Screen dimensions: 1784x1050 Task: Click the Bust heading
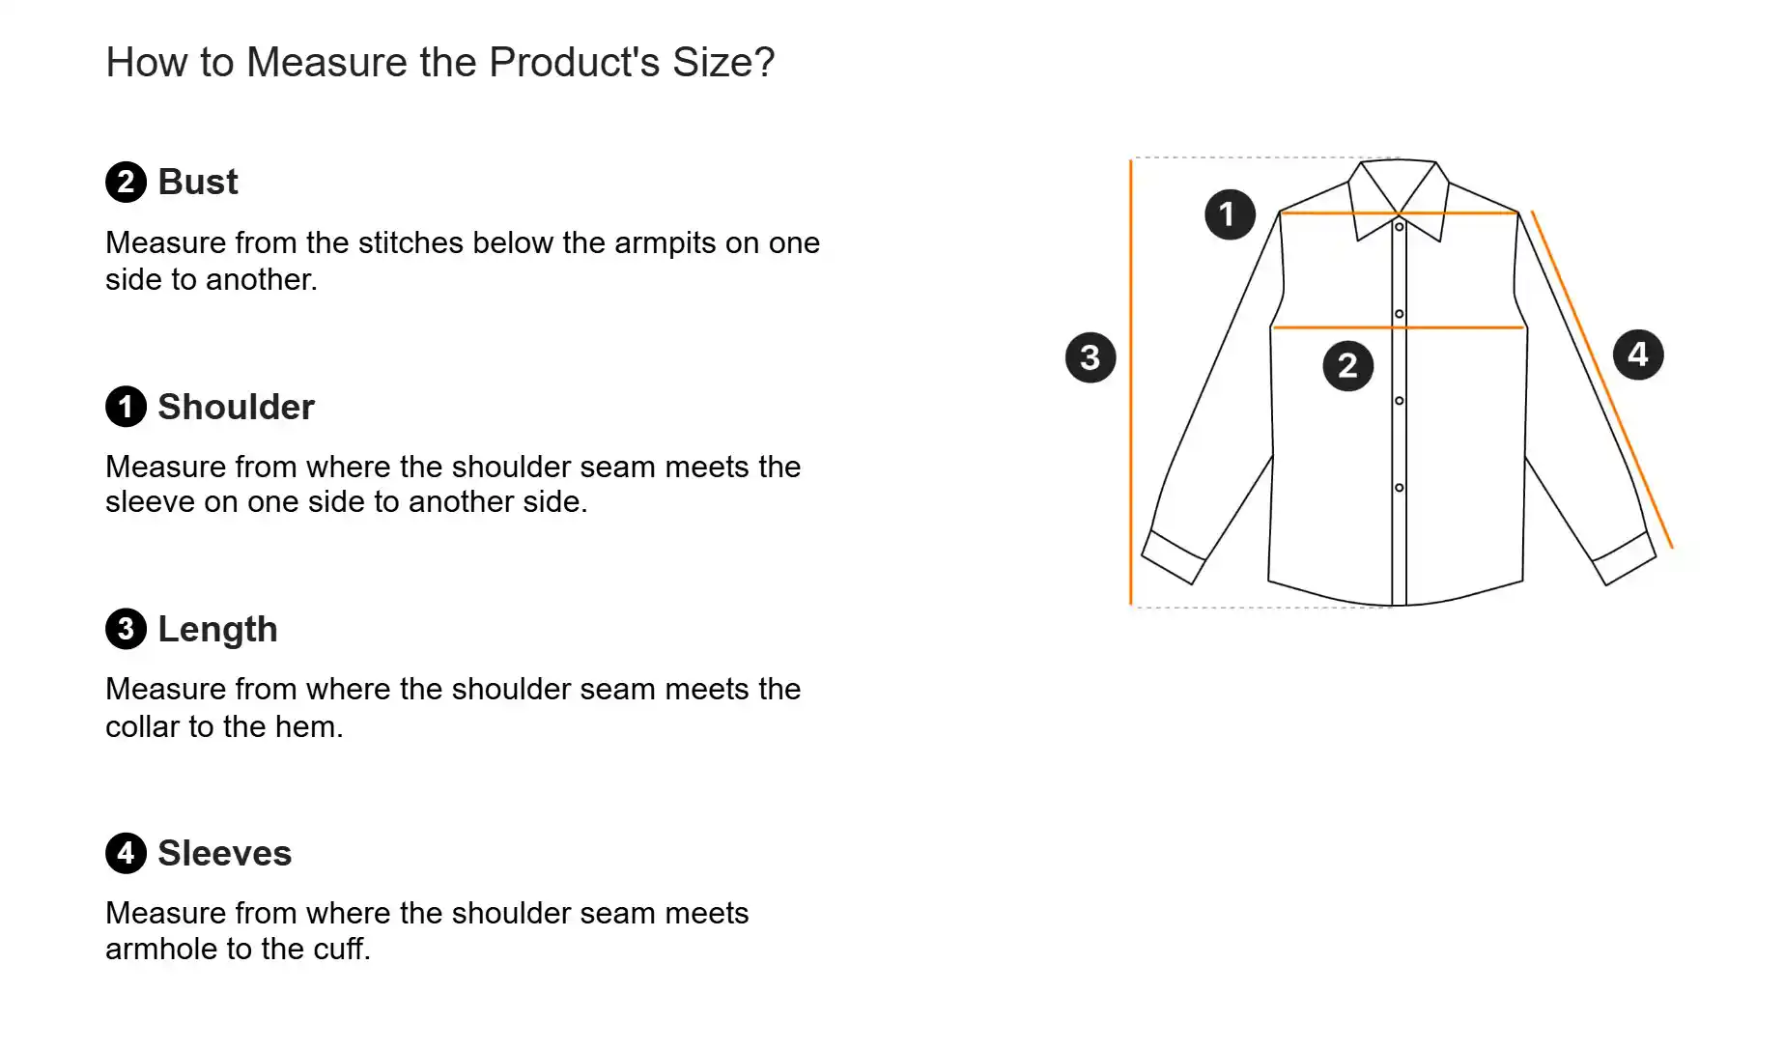pyautogui.click(x=198, y=182)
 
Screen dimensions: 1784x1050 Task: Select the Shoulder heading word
pyautogui.click(x=236, y=407)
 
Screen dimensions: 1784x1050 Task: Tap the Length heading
pyautogui.click(x=217, y=629)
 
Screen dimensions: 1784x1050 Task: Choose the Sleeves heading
pyautogui.click(x=224, y=853)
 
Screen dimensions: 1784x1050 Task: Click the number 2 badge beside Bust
pyautogui.click(x=126, y=182)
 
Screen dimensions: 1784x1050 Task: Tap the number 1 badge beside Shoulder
pyautogui.click(x=126, y=407)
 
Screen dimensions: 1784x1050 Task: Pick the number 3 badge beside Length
pyautogui.click(x=126, y=629)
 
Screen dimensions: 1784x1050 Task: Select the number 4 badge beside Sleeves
pyautogui.click(x=126, y=853)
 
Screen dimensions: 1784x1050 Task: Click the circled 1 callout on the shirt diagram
pyautogui.click(x=1230, y=214)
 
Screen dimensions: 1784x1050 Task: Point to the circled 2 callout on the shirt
pyautogui.click(x=1347, y=365)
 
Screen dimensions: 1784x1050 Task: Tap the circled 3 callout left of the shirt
pyautogui.click(x=1090, y=357)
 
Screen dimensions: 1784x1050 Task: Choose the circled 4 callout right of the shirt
pyautogui.click(x=1638, y=355)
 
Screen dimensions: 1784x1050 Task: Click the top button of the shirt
pyautogui.click(x=1399, y=227)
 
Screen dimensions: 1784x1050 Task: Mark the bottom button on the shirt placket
pyautogui.click(x=1399, y=488)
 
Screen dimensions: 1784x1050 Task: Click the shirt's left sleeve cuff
pyautogui.click(x=1174, y=557)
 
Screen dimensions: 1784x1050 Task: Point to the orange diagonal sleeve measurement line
pyautogui.click(x=1602, y=380)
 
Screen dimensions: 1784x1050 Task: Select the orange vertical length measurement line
pyautogui.click(x=1131, y=383)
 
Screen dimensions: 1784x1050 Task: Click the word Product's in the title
pyautogui.click(x=575, y=62)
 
